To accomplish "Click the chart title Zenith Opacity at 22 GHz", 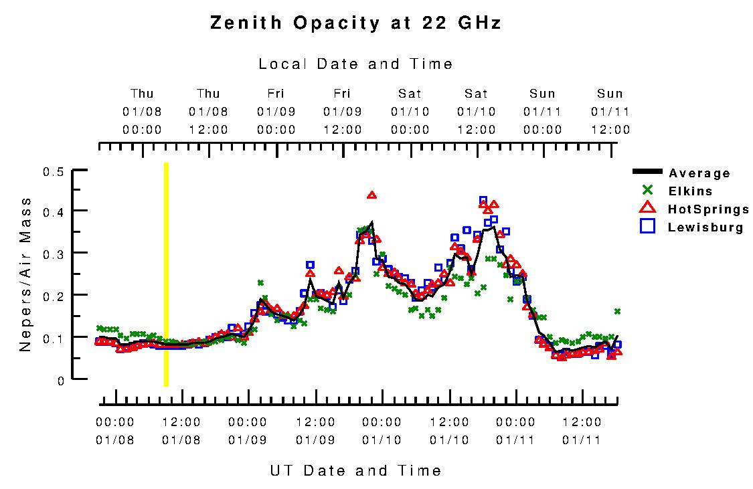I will [355, 23].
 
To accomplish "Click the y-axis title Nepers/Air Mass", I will [25, 274].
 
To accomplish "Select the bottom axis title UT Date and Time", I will [355, 470].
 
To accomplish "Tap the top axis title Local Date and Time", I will [355, 64].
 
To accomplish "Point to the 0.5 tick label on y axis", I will [54, 172].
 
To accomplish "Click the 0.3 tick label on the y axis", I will [54, 253].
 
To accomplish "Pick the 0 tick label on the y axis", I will [60, 380].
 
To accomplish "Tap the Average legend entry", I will [699, 173].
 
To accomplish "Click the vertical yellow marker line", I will [166, 274].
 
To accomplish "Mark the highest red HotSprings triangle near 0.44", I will [372, 195].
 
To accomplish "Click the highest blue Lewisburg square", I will [483, 201].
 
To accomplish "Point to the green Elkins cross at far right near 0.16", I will [617, 311].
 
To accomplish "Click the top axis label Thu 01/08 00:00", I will [142, 111].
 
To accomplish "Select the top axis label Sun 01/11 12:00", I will [610, 111].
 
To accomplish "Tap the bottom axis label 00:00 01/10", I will [382, 431].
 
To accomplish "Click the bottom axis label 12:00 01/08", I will [181, 431].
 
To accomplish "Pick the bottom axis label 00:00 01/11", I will [515, 431].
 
